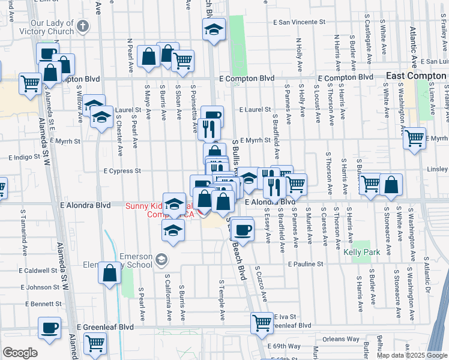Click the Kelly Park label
click(366, 253)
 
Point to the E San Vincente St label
click(299, 22)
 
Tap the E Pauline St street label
click(306, 264)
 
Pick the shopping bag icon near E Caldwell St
click(110, 273)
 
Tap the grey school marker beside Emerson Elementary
click(161, 260)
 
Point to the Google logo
click(20, 353)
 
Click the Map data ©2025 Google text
click(411, 355)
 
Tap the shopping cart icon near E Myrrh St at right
click(414, 138)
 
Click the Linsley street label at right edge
click(438, 170)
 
